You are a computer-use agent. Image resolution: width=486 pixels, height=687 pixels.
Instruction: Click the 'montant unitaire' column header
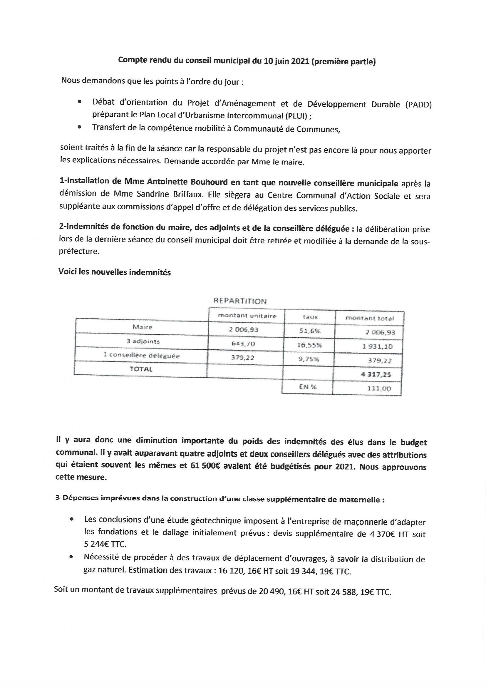click(x=247, y=316)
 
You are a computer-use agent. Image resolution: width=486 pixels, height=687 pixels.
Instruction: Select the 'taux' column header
click(x=310, y=317)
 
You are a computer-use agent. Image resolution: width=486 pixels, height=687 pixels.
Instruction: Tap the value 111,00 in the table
click(x=379, y=389)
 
